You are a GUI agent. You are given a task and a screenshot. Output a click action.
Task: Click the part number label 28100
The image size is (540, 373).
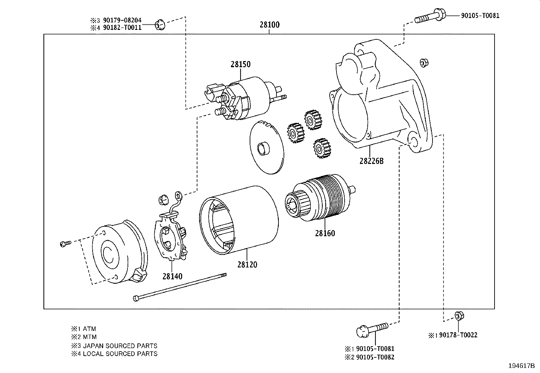270,25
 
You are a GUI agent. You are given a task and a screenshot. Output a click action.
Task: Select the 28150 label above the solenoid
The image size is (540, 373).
240,64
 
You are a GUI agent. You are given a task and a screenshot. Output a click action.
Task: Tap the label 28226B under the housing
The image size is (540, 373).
371,161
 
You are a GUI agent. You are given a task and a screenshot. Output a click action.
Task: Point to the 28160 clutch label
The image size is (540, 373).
325,233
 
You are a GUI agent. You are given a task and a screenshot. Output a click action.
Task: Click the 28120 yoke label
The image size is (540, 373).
247,264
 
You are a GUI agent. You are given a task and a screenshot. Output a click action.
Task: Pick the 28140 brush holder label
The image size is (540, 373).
172,276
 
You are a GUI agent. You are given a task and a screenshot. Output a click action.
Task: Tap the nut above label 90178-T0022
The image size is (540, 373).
459,316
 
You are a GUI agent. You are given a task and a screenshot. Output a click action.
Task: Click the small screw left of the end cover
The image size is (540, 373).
65,243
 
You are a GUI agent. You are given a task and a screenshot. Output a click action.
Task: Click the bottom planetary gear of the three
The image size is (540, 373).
321,148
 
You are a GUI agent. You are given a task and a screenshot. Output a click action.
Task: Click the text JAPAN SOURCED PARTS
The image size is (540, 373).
120,346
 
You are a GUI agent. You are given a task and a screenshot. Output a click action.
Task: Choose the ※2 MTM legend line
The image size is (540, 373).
84,337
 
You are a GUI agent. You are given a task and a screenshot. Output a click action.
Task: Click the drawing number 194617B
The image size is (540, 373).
521,366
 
